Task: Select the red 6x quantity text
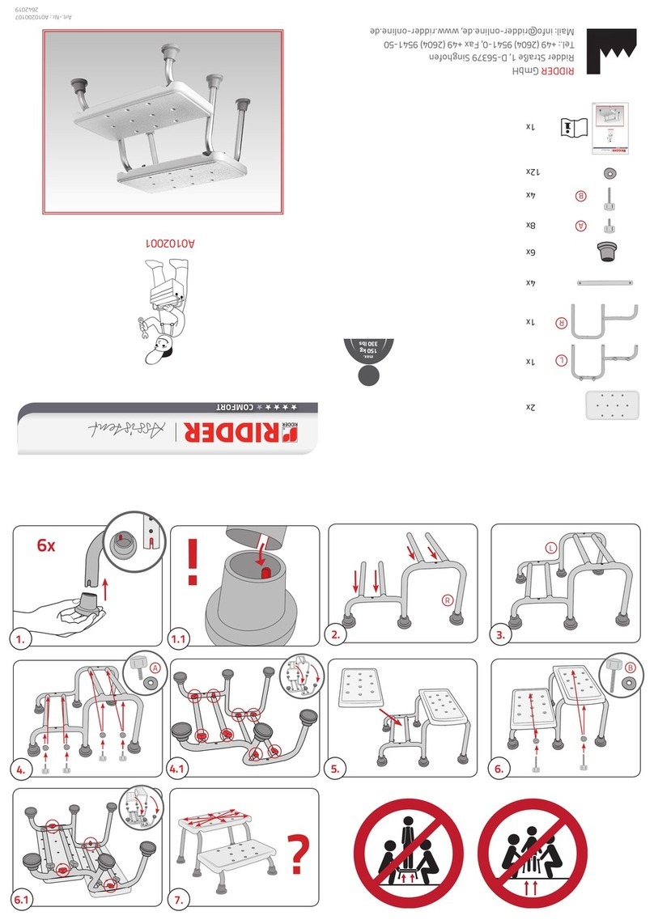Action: tap(47, 546)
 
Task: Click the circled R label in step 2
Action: tap(446, 600)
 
